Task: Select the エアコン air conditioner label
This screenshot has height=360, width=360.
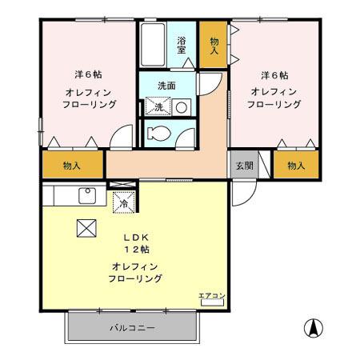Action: pyautogui.click(x=212, y=295)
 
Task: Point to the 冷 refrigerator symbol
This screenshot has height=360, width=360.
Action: pyautogui.click(x=124, y=203)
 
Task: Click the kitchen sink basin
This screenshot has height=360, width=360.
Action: pyautogui.click(x=86, y=195)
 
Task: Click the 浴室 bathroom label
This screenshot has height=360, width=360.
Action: pyautogui.click(x=182, y=45)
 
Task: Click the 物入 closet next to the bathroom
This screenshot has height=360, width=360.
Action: pyautogui.click(x=213, y=46)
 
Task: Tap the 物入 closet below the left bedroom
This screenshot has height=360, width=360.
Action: pyautogui.click(x=72, y=166)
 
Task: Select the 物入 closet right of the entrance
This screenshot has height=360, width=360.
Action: pyautogui.click(x=295, y=166)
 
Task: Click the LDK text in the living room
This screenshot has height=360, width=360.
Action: pyautogui.click(x=134, y=238)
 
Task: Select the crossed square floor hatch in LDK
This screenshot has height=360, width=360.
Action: pyautogui.click(x=86, y=228)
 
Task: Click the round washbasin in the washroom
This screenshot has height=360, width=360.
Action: pyautogui.click(x=182, y=106)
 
